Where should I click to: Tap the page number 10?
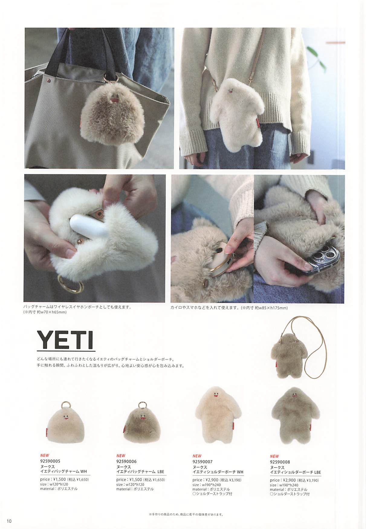(x=9, y=521)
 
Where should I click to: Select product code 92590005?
(x=50, y=461)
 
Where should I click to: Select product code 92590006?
(x=126, y=462)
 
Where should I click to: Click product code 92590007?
(x=202, y=462)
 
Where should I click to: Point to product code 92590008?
(x=280, y=462)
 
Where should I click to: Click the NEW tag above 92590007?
(x=197, y=456)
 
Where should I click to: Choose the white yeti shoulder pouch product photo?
(x=215, y=418)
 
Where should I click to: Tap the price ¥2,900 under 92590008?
(x=290, y=480)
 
